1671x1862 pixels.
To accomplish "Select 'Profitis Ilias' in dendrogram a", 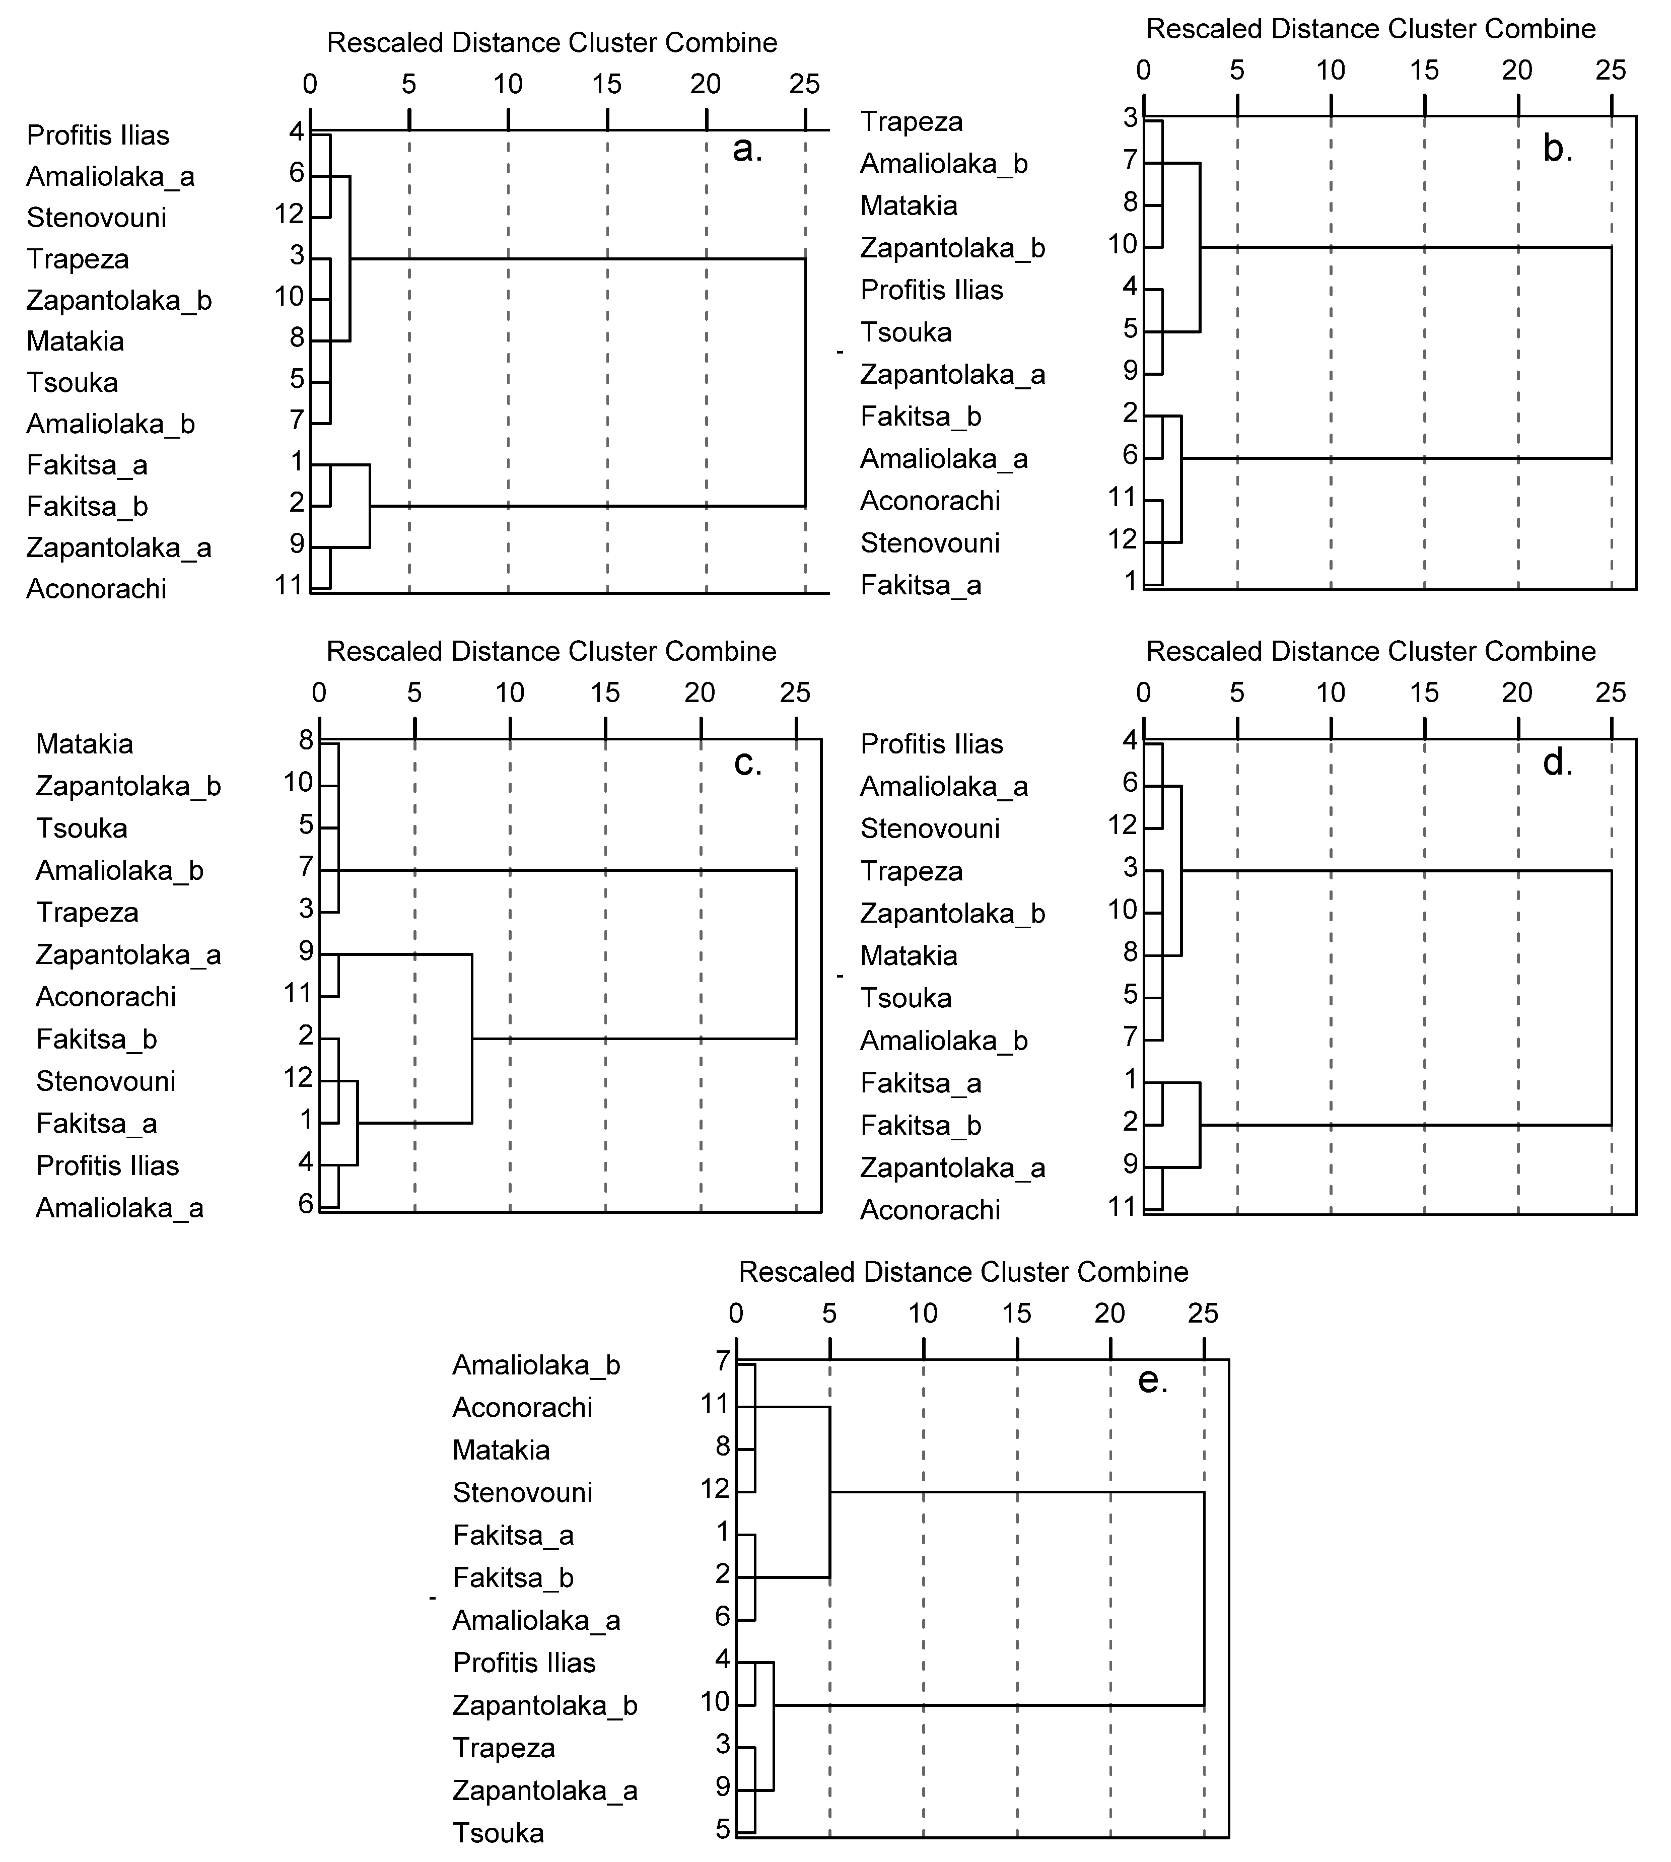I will click(98, 136).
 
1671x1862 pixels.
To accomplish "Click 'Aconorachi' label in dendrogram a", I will click(96, 589).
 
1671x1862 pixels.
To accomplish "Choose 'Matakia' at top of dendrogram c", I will click(85, 744).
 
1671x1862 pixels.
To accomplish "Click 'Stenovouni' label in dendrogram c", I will click(106, 1081).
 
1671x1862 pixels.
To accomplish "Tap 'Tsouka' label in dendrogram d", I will click(906, 998).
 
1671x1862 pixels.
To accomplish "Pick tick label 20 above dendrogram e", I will click(1109, 1314).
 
